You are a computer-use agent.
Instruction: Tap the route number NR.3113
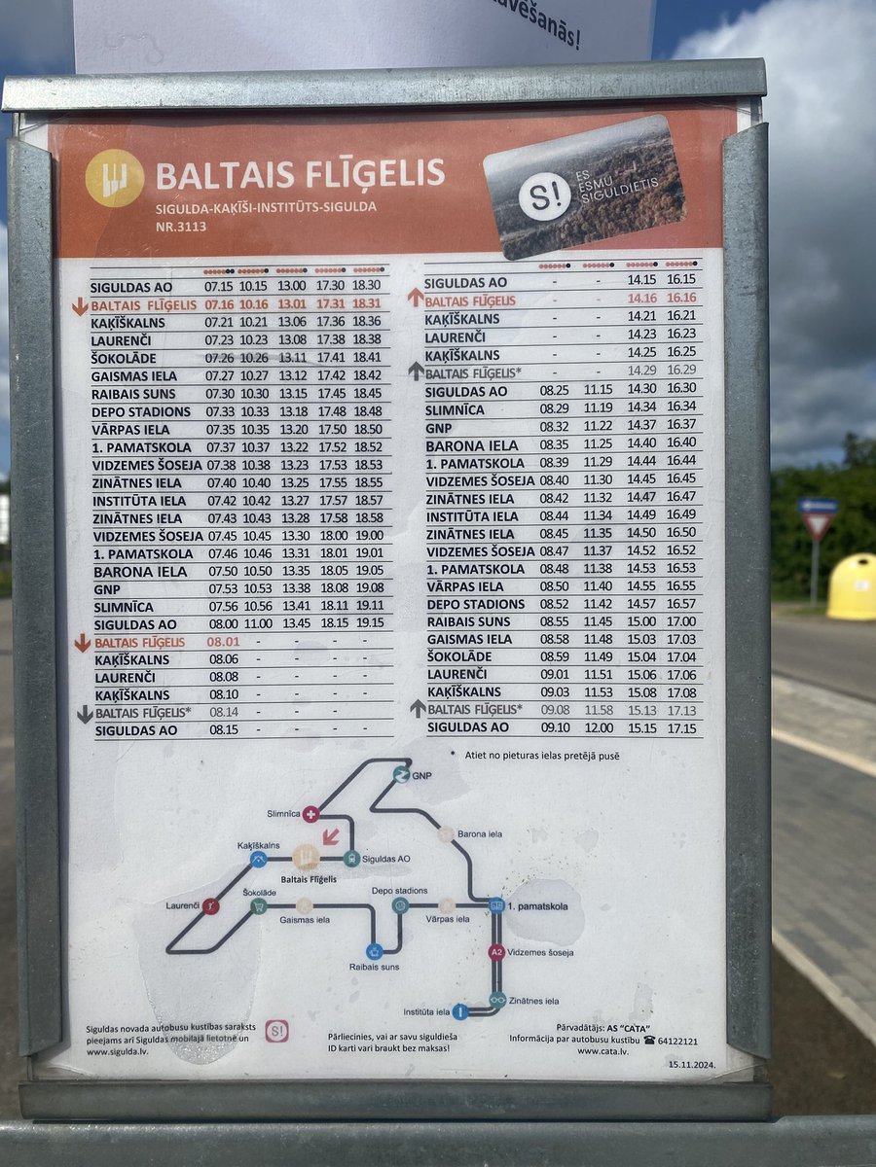[180, 227]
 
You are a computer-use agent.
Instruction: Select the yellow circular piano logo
[114, 178]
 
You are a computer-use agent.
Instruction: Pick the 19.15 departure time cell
[369, 623]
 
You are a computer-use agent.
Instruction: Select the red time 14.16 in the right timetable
[641, 300]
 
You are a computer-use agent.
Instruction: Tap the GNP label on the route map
[420, 776]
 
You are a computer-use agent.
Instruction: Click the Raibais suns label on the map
[374, 967]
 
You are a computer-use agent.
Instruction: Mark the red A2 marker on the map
[496, 952]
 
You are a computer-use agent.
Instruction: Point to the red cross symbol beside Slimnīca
[310, 814]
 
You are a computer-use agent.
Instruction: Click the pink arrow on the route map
[331, 835]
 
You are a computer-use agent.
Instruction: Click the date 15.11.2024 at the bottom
[691, 1063]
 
